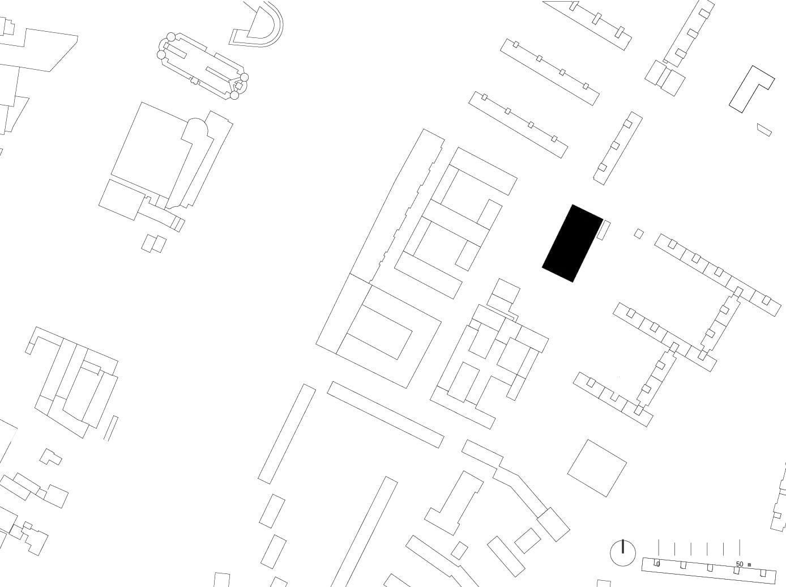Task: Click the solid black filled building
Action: tap(573, 243)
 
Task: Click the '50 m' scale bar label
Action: tap(744, 564)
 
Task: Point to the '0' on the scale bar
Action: tap(658, 564)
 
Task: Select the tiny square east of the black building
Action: tap(638, 234)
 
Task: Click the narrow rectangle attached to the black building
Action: tap(604, 230)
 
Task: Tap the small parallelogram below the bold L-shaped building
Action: tap(764, 130)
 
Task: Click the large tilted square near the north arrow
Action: tap(597, 468)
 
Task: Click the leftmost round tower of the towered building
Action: tap(161, 55)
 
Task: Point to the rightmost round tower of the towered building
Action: tap(244, 78)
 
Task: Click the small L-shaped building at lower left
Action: tap(50, 457)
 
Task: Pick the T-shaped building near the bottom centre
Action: tap(454, 502)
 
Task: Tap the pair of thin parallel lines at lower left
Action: tap(110, 428)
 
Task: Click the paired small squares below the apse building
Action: tap(153, 244)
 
